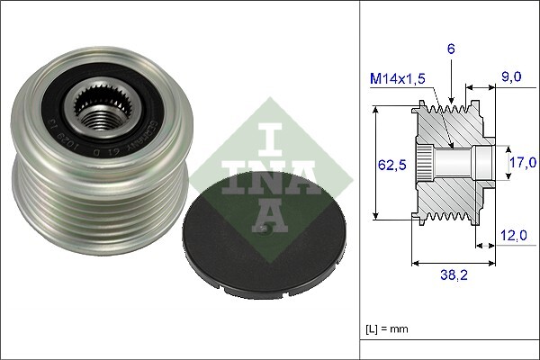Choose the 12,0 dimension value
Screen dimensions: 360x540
[513, 235]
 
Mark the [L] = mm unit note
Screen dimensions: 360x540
[388, 329]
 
